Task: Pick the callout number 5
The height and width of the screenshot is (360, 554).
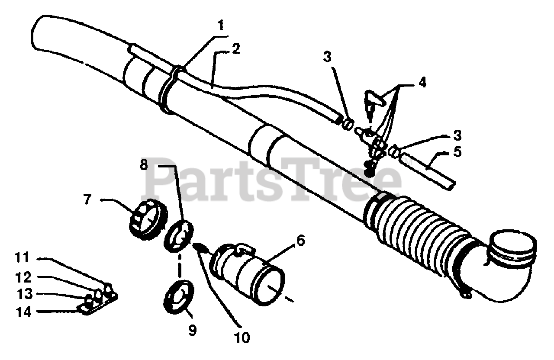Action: (x=457, y=152)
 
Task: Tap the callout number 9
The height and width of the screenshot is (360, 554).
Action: (x=192, y=330)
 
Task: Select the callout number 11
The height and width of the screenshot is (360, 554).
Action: (x=21, y=258)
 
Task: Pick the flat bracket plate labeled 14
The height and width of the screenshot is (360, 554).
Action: (x=97, y=304)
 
